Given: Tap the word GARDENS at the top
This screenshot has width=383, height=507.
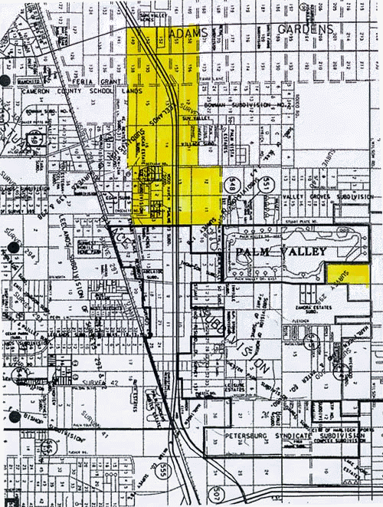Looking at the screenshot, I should click(306, 28).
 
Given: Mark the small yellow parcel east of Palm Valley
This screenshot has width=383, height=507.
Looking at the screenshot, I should click(347, 275).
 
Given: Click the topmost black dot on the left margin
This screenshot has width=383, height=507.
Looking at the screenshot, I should click(5, 80).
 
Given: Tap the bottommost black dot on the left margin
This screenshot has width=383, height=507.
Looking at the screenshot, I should click(13, 417).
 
